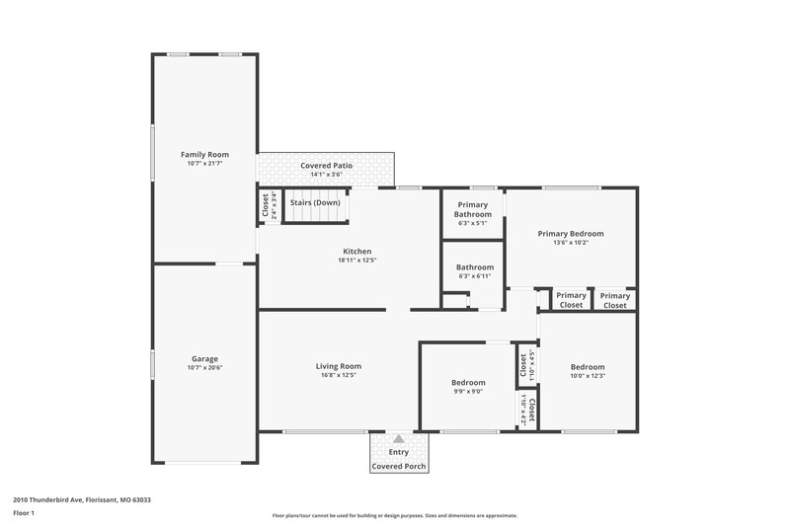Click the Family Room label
[x=204, y=155]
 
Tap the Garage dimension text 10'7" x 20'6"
[x=204, y=368]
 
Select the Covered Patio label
[x=326, y=165]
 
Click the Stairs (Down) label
[x=314, y=202]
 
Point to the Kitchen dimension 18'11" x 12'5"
[x=356, y=261]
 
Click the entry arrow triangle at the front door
[x=397, y=441]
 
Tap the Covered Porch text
[x=397, y=466]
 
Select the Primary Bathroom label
[x=472, y=209]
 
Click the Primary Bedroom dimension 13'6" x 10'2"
[x=570, y=243]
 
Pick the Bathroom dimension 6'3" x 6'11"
[x=472, y=276]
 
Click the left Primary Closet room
[x=571, y=300]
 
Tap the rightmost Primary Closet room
[x=615, y=300]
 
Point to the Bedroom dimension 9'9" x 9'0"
[x=468, y=391]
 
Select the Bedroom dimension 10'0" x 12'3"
[x=587, y=375]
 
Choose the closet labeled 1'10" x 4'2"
[x=526, y=410]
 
